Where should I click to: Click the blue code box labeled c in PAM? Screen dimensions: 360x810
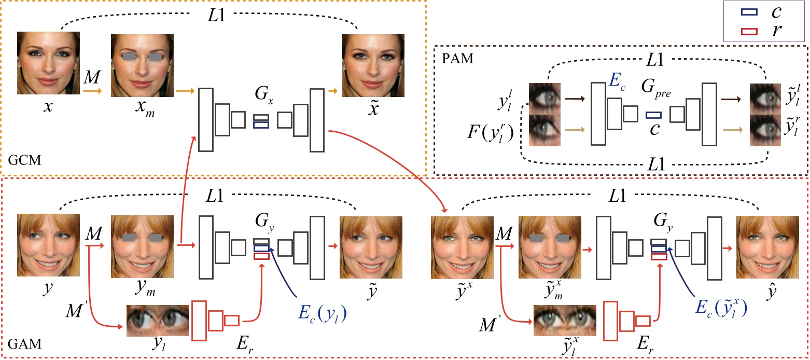coord(654,115)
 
